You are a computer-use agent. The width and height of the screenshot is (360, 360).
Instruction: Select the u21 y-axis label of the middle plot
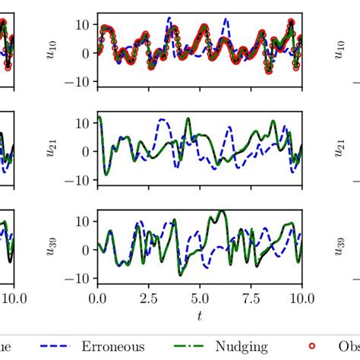point(53,150)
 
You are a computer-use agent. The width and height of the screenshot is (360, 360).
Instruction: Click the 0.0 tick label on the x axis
point(97,297)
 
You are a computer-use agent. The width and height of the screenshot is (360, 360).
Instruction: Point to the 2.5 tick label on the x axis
point(149,297)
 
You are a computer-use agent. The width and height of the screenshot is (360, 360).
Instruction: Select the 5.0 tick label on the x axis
point(200,297)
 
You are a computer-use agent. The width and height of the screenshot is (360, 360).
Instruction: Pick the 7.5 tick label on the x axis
point(251,297)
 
